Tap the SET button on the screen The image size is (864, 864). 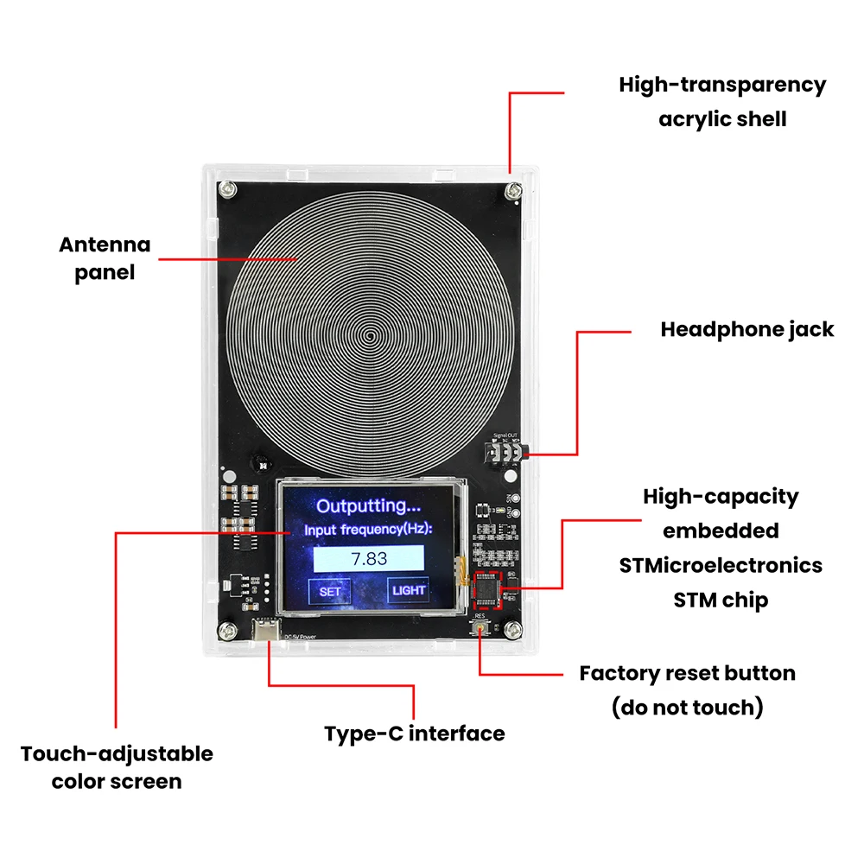(x=330, y=592)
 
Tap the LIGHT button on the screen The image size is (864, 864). (x=409, y=590)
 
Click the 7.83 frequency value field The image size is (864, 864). (x=370, y=558)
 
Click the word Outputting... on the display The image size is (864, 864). (x=369, y=505)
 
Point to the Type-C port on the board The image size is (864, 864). (x=267, y=631)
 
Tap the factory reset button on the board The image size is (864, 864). (x=480, y=628)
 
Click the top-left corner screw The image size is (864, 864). (x=229, y=189)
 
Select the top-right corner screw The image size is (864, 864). (x=515, y=189)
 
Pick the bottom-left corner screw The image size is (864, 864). (x=229, y=629)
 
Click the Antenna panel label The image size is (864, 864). (x=105, y=259)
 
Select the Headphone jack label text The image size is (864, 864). (x=747, y=330)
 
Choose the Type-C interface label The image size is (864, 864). (x=415, y=734)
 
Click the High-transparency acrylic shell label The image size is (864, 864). (x=722, y=102)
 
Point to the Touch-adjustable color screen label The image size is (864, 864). (x=117, y=767)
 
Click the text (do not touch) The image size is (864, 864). (x=688, y=708)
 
